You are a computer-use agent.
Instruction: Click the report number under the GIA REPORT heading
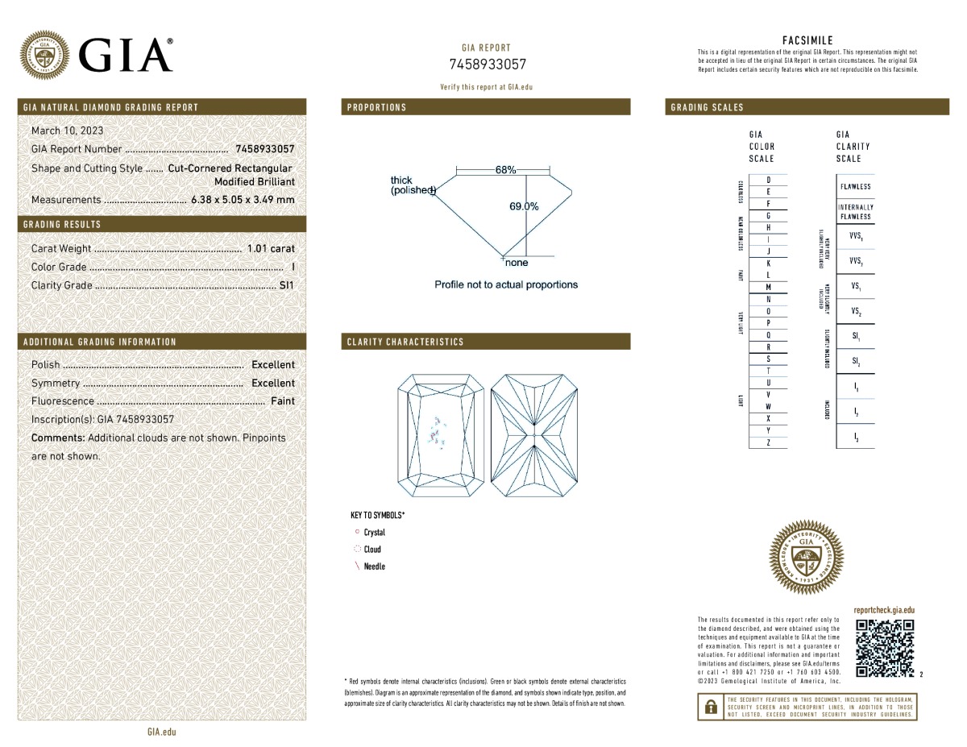click(487, 64)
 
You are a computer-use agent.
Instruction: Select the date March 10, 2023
click(67, 131)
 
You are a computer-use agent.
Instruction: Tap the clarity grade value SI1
click(286, 285)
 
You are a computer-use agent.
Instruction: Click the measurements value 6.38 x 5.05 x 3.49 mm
click(243, 200)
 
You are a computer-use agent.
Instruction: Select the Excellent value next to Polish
click(273, 365)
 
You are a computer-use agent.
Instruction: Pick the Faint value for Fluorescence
click(283, 401)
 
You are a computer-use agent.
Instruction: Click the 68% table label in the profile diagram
click(505, 170)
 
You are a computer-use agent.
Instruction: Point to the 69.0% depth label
click(524, 206)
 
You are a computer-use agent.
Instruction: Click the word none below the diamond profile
click(517, 263)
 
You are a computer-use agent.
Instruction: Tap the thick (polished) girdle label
click(412, 185)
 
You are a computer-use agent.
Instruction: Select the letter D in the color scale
click(768, 180)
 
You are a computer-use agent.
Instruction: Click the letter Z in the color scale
click(768, 442)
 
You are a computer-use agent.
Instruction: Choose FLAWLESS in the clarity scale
click(854, 187)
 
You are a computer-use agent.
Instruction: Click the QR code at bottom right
click(885, 649)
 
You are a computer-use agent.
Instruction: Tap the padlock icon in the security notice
click(710, 707)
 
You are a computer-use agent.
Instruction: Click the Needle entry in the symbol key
click(374, 566)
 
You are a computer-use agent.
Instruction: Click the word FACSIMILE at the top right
click(807, 40)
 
